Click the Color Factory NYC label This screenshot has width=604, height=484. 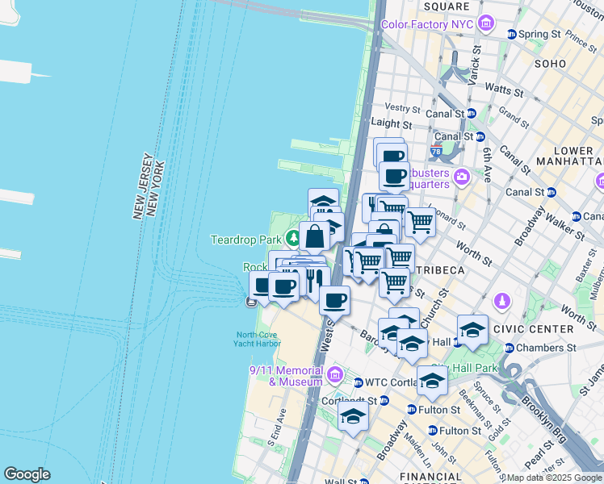[x=426, y=24]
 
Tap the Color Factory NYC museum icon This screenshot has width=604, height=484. [x=486, y=24]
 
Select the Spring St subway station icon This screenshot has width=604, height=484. [x=511, y=34]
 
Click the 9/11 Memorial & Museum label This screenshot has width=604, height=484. [x=286, y=375]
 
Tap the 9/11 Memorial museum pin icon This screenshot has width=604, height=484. [x=335, y=376]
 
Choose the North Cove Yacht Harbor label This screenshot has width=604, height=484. [x=258, y=340]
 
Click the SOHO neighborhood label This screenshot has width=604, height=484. [x=550, y=63]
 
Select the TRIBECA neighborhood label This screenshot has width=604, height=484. [x=438, y=268]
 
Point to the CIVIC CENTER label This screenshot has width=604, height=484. [x=540, y=329]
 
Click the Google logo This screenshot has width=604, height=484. [x=27, y=474]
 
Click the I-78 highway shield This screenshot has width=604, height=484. [x=436, y=151]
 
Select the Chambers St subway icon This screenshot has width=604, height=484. [x=509, y=348]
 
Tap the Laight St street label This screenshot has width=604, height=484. [x=393, y=124]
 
